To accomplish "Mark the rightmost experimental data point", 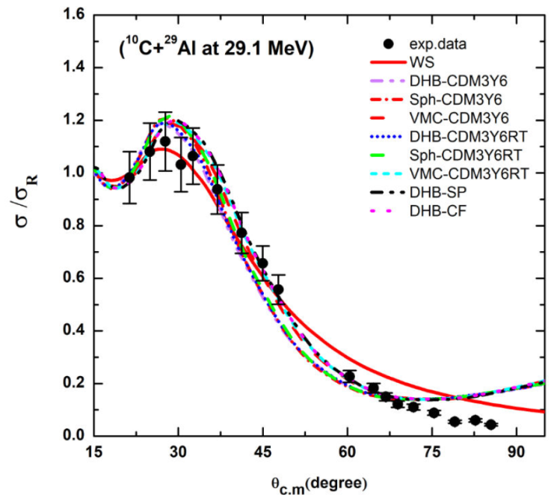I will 491,425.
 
